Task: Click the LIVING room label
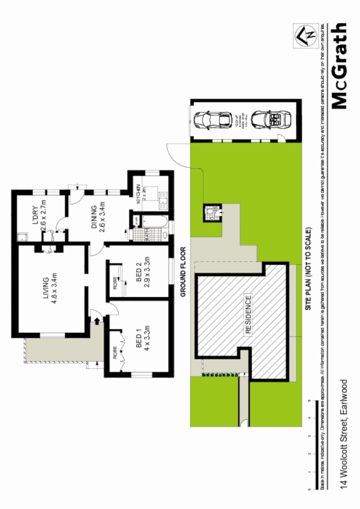pos(46,290)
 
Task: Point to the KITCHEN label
pos(140,194)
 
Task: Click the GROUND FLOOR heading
pos(184,272)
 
